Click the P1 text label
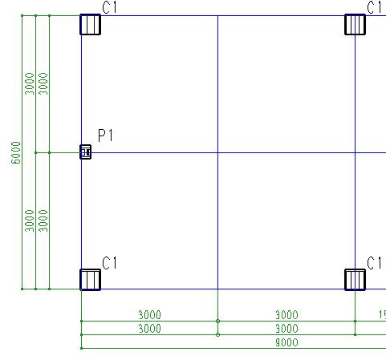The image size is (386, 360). [x=105, y=136]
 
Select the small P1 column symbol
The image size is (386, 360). [x=86, y=152]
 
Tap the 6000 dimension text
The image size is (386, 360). [x=16, y=152]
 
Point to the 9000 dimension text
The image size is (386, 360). [x=286, y=342]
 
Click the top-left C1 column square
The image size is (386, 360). [x=91, y=25]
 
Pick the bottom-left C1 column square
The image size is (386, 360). [x=91, y=280]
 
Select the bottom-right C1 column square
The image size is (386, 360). [x=356, y=280]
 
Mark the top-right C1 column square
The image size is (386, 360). [x=356, y=25]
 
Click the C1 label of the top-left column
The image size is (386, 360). [x=109, y=7]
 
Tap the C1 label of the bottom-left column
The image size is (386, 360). [x=109, y=263]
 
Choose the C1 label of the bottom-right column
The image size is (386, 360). [x=374, y=263]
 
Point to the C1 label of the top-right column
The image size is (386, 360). [x=374, y=7]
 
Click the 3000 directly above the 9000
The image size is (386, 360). [x=286, y=329]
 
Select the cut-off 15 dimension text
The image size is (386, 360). [x=382, y=315]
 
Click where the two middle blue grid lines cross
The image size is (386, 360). [x=217, y=152]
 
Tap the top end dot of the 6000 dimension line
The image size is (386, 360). [x=22, y=16]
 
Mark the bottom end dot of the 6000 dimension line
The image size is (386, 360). [x=22, y=289]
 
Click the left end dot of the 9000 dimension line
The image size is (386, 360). [x=81, y=348]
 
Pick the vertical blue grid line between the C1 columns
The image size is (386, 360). [x=217, y=152]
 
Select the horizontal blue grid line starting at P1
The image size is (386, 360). [x=238, y=152]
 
